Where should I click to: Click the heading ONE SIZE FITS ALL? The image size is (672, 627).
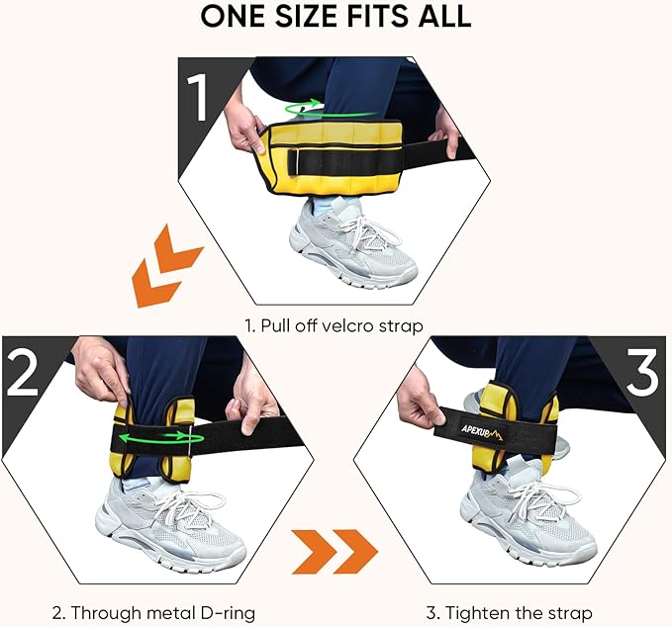336,18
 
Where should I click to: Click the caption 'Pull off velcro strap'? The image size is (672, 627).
336,323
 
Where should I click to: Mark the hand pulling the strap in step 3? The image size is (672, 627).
417,406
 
